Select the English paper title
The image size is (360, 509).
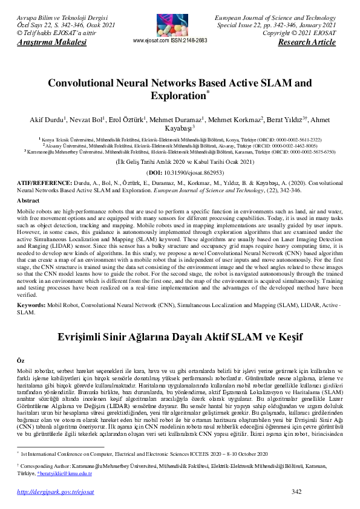click(180, 89)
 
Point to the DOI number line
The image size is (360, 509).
click(180, 172)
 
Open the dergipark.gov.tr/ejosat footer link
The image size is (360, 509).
click(56, 493)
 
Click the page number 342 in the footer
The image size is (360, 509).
click(296, 492)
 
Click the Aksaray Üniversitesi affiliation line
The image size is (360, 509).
click(180, 146)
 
